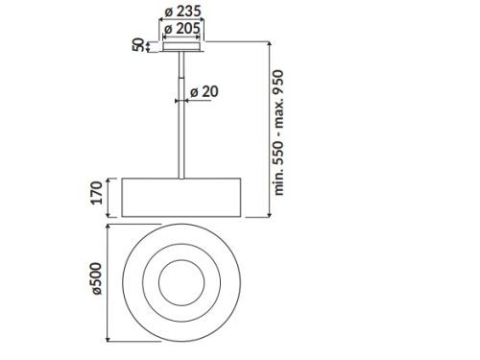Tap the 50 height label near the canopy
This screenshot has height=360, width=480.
coord(138,46)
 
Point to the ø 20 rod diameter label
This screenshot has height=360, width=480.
coord(204,91)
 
